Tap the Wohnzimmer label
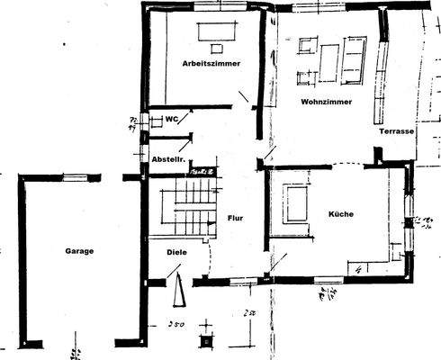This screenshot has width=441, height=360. click(x=325, y=103)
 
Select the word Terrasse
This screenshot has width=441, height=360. click(x=396, y=131)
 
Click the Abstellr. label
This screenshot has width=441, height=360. click(x=168, y=159)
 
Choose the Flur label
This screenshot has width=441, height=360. click(x=236, y=217)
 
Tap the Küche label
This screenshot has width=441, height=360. click(x=340, y=214)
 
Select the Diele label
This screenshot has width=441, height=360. click(x=177, y=252)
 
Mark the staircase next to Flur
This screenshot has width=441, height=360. click(x=184, y=205)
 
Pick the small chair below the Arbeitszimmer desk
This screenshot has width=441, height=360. click(x=215, y=45)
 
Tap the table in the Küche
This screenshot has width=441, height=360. click(x=293, y=202)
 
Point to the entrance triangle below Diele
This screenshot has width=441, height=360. click(x=179, y=291)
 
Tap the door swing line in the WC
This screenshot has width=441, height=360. click(x=185, y=139)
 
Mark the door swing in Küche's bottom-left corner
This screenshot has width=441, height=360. click(x=279, y=262)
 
